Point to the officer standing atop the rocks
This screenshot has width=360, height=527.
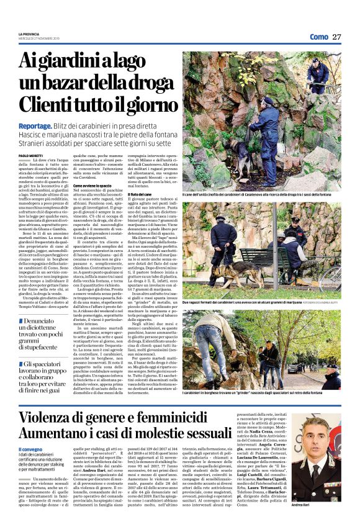coord(317,74)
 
